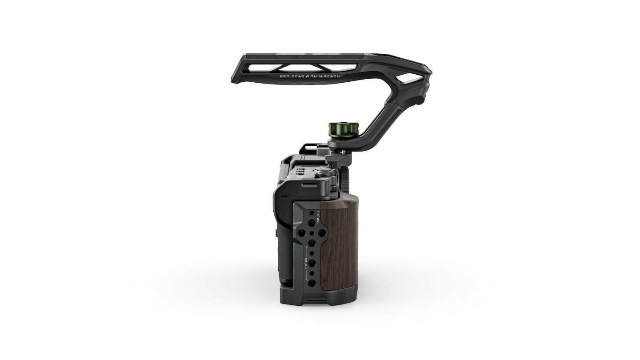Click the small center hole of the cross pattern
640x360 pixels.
click(x=312, y=233)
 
